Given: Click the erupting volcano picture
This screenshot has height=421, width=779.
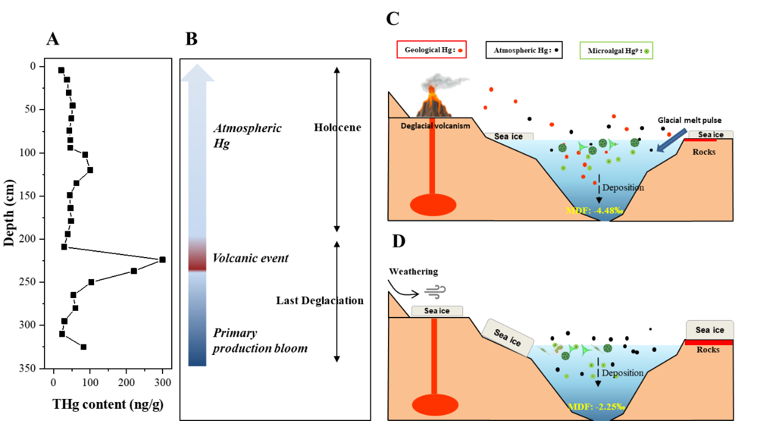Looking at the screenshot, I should (x=441, y=94).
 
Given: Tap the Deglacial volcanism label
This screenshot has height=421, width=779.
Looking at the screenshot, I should (x=436, y=126).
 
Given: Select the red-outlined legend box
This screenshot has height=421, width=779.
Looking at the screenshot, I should (x=431, y=50).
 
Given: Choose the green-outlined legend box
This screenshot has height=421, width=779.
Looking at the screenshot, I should (x=616, y=50).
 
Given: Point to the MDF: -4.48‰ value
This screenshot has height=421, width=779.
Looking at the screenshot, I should (x=594, y=211).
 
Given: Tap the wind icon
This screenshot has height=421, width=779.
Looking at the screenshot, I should (x=436, y=292).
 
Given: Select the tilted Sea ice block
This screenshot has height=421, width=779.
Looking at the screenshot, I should (x=508, y=337).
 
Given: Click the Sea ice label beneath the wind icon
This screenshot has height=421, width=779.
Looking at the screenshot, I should (x=437, y=311).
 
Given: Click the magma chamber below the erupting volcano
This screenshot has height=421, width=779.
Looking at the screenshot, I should (x=433, y=205).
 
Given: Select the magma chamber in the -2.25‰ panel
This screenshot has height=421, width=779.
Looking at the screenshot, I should (x=435, y=405).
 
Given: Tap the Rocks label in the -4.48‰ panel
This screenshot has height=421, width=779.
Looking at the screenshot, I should (x=704, y=152).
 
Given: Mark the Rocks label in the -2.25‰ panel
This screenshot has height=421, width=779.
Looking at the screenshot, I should (x=708, y=350).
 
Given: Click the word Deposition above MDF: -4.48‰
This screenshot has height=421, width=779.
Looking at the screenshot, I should (x=623, y=188).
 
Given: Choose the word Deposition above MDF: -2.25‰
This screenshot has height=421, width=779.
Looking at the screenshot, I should (x=623, y=373).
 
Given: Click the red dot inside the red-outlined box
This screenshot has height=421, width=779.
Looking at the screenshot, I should (x=460, y=50).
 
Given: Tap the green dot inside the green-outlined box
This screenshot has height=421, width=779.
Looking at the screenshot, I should (x=646, y=51).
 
